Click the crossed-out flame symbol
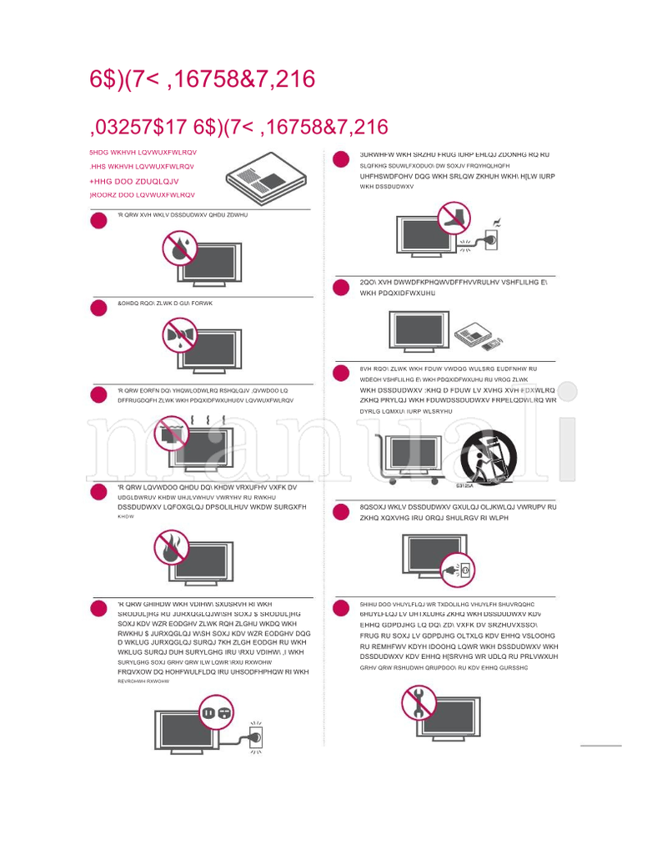click(x=173, y=549)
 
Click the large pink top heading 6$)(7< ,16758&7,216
click(x=203, y=79)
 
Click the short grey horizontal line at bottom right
click(x=601, y=745)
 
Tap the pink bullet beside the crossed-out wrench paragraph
click(x=340, y=608)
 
